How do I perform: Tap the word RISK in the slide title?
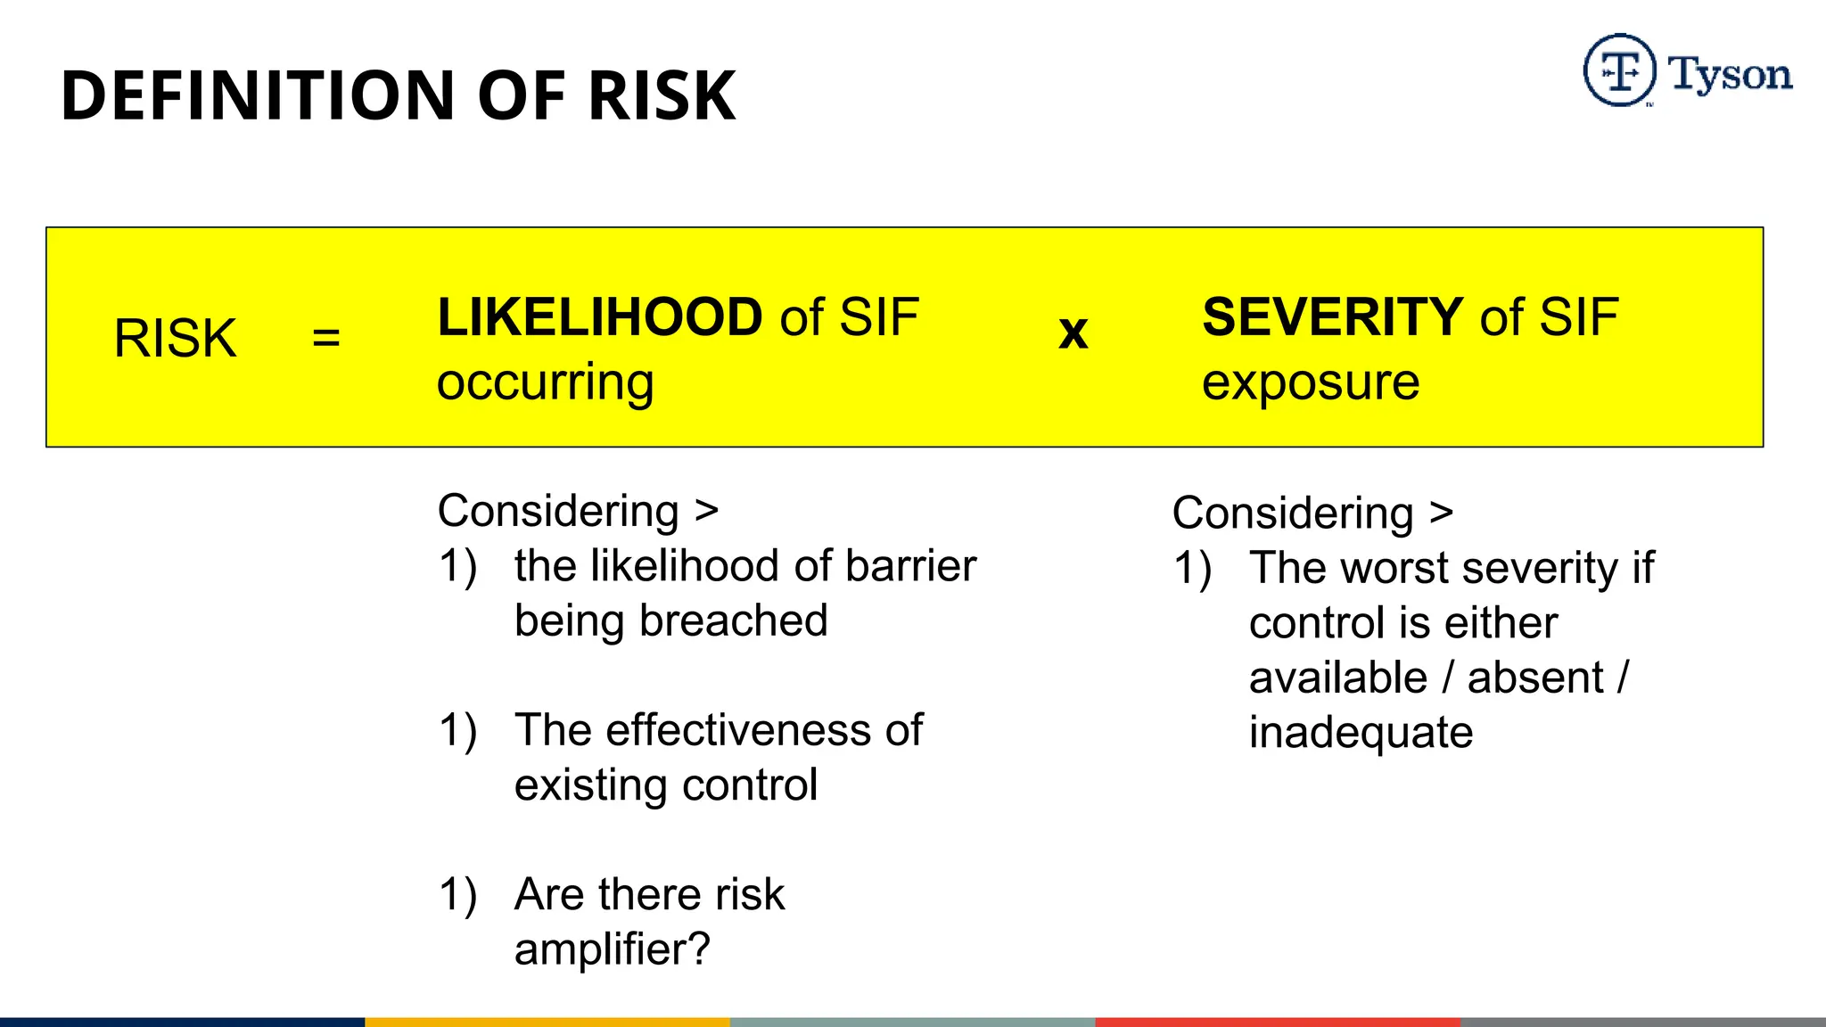point(662,95)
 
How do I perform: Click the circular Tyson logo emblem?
point(1619,70)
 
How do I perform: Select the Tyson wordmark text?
point(1730,75)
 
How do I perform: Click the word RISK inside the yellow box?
point(176,339)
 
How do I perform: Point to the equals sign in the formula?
point(326,338)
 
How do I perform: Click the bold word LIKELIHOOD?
point(600,317)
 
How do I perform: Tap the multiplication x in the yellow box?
point(1073,333)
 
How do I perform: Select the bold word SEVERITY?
point(1332,317)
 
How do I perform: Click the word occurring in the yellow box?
point(546,383)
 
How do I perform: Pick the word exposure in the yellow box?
point(1311,383)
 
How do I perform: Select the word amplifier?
point(613,949)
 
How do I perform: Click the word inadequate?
point(1361,733)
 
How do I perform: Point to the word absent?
point(1535,678)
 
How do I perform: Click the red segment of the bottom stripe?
point(1278,1022)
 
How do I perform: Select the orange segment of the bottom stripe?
point(547,1022)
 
